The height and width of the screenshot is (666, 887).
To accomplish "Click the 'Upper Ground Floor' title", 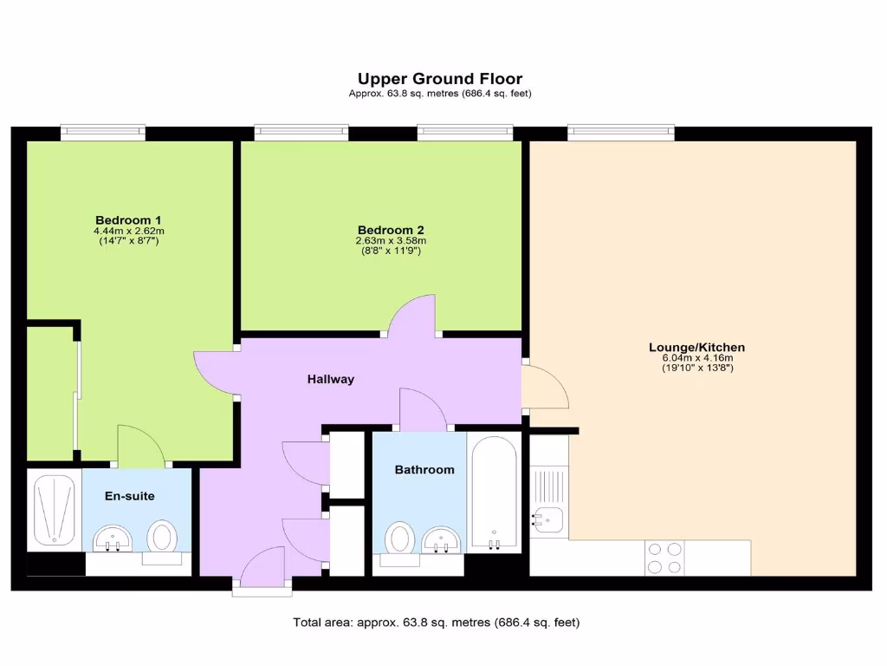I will (440, 79).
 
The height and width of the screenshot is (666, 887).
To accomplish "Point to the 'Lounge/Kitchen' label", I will (696, 348).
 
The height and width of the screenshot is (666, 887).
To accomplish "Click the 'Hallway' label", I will (330, 379).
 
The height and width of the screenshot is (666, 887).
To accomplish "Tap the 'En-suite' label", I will (130, 496).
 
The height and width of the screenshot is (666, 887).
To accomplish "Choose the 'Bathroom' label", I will (424, 470).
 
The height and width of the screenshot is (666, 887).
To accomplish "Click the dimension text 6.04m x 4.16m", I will (696, 358).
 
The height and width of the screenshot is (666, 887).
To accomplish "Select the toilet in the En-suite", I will (161, 535).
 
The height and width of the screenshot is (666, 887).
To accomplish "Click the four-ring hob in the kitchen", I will (664, 558).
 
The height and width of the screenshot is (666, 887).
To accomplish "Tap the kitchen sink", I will (549, 519).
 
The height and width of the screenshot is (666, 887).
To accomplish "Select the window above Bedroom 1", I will (102, 133).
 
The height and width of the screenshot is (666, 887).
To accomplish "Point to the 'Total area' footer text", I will (437, 622).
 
